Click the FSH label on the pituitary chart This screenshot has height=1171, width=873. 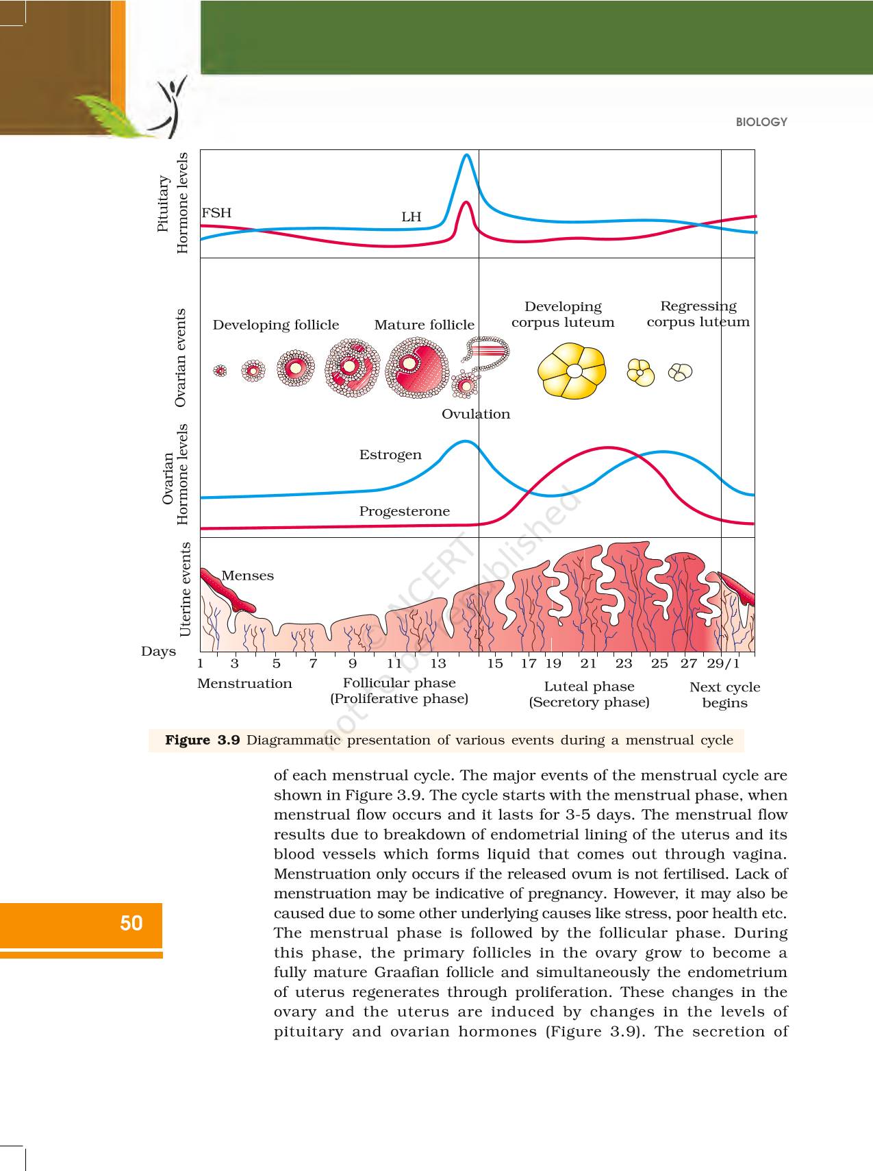216,213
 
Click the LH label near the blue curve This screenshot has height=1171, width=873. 411,217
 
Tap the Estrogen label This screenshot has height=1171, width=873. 390,455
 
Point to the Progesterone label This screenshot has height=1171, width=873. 404,511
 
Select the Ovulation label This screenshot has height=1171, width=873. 476,414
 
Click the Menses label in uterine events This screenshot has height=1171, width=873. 247,576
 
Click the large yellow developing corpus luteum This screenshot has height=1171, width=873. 572,371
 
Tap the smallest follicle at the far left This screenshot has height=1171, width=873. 220,371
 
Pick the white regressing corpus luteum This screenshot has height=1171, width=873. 680,371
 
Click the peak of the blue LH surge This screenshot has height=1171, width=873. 466,156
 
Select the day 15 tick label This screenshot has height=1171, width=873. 495,663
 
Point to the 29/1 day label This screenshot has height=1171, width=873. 723,663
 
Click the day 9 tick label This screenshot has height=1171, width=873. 353,663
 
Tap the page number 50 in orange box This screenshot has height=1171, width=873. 131,924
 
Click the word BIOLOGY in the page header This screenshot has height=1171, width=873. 761,122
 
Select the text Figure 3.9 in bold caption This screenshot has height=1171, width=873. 202,740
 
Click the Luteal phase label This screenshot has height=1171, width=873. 589,687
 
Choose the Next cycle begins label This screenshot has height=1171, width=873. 724,695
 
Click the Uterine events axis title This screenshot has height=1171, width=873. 186,589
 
